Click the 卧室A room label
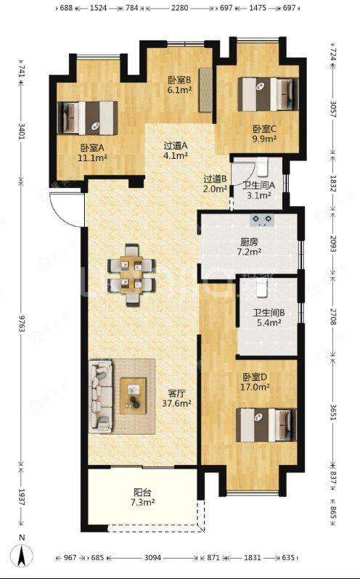coord(92,149)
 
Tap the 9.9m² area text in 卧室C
coord(265,139)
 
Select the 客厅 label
coord(176,393)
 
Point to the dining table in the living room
coord(131,274)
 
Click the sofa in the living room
coord(100,396)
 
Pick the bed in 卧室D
coord(266,424)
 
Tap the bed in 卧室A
coord(88,118)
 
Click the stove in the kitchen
coord(263,221)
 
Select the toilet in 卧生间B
coord(261,288)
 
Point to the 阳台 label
coord(142,493)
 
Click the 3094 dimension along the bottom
coord(152,557)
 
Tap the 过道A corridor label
coord(176,146)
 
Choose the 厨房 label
coord(249,242)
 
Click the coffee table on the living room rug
coord(133,396)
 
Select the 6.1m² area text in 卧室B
coord(179,89)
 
